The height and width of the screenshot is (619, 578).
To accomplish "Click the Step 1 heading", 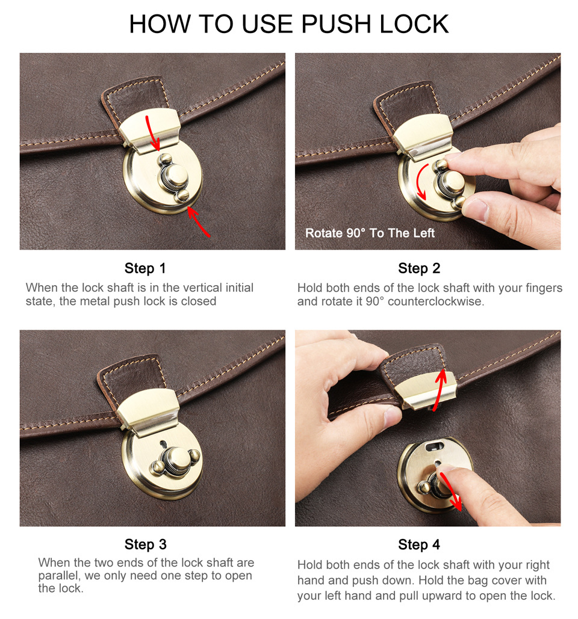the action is pos(145,268).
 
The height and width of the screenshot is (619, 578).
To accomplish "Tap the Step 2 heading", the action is pos(419,268).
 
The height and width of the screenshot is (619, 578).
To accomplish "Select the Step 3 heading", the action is pos(145,544).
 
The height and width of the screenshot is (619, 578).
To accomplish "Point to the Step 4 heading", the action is pos(419,545).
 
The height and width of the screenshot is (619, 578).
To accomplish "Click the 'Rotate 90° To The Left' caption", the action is pos(370,233).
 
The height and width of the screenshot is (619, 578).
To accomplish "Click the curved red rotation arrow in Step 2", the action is pos(420,181).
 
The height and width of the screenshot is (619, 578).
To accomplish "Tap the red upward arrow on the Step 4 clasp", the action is pos(440,390).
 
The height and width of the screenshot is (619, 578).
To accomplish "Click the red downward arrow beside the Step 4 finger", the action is pos(450,492).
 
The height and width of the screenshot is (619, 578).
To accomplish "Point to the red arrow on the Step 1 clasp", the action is pos(152,132).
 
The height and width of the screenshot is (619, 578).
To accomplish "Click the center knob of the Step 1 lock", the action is pos(175,176).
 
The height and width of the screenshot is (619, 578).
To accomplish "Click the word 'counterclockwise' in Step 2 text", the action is pos(436,301).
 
